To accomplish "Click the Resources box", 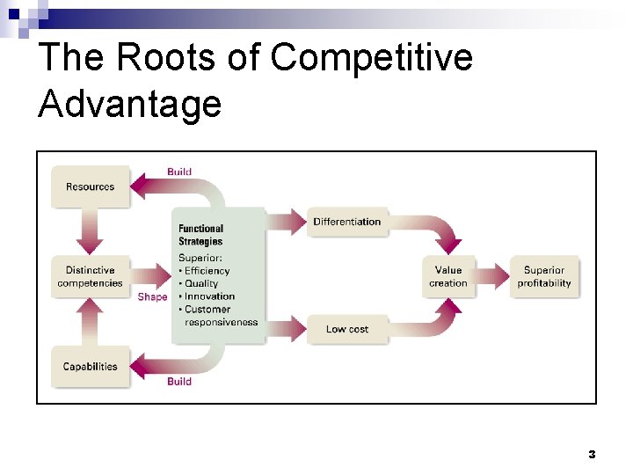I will coord(90,186).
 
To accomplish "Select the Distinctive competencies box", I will coord(90,277).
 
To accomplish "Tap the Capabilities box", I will coord(90,367).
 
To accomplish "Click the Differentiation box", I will coord(347,222).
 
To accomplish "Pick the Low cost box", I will coord(347,329).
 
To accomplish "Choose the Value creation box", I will coord(448,277).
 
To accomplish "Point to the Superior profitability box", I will coord(544,277).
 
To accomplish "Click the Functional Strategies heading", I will coord(201,235).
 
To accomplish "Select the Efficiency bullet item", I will coord(207,271).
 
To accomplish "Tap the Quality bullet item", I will coord(201,283).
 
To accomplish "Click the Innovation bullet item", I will coord(209,296).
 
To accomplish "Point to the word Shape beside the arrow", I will coord(152,297).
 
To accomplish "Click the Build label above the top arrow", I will coord(179,172).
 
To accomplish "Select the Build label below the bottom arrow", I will coord(179,382).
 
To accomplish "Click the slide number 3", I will coord(592,455).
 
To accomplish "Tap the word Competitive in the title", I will coord(372,58).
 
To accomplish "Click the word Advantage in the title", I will coord(130,104).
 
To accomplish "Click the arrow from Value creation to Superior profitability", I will coord(491,276).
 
